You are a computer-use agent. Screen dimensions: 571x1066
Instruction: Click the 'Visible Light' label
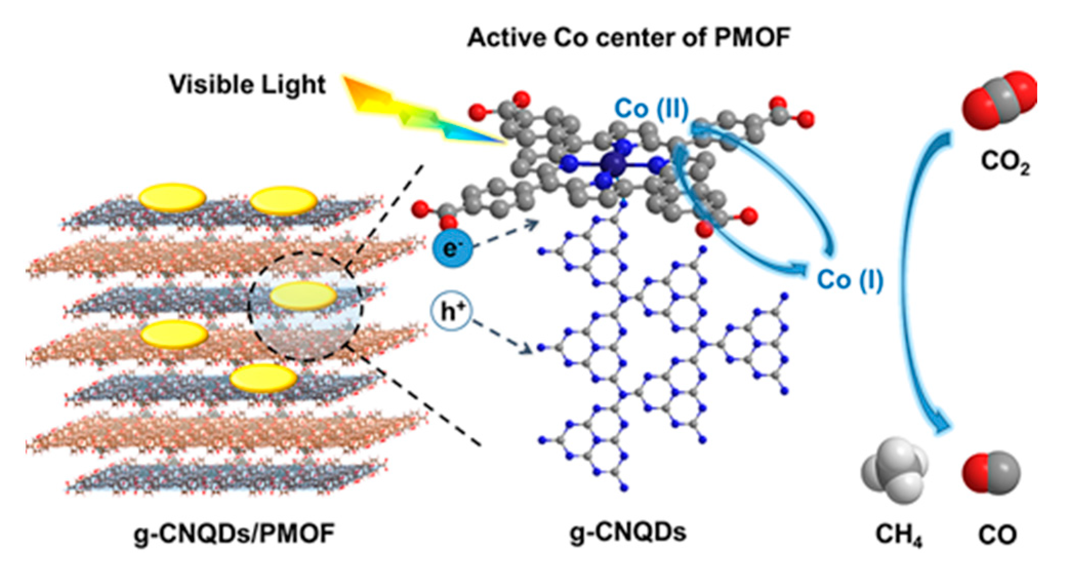pyautogui.click(x=248, y=85)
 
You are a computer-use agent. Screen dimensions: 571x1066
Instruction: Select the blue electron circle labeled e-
pyautogui.click(x=450, y=250)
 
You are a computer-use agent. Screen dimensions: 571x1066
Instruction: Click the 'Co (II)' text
pyautogui.click(x=651, y=109)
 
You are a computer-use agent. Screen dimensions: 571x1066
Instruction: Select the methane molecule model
pyautogui.click(x=893, y=470)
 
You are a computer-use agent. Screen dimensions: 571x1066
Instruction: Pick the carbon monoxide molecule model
pyautogui.click(x=991, y=474)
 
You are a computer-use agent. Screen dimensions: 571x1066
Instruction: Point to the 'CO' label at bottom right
pyautogui.click(x=997, y=535)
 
